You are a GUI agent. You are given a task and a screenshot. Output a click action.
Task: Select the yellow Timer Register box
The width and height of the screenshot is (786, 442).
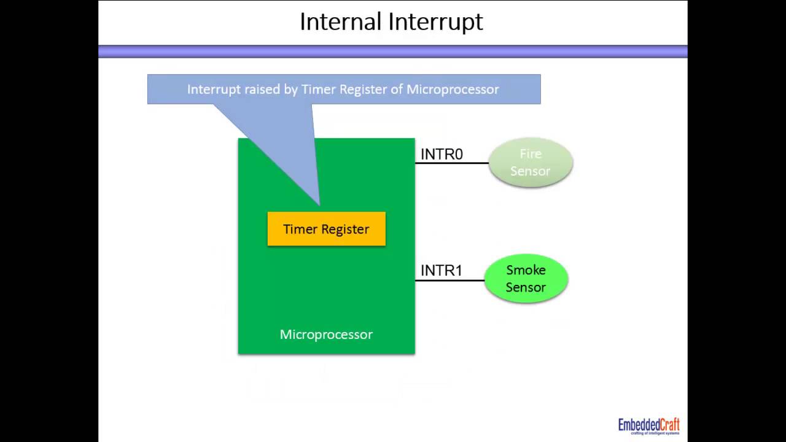pos(326,229)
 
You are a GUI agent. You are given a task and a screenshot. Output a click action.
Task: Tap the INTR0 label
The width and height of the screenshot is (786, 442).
pos(442,154)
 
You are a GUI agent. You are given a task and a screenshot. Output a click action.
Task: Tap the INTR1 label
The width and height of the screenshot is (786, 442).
pos(442,270)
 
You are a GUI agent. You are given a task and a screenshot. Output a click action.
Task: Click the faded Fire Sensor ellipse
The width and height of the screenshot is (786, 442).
pos(531,163)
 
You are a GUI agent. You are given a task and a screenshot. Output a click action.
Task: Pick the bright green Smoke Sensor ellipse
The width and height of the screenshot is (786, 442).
pos(526,279)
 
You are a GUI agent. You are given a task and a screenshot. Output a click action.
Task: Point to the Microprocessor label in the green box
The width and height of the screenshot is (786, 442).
pos(326,335)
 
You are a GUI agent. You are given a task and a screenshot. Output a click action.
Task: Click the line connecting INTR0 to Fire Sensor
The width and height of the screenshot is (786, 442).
pos(452,163)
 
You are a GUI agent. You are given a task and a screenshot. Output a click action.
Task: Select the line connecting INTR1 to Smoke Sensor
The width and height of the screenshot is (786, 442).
pos(450,281)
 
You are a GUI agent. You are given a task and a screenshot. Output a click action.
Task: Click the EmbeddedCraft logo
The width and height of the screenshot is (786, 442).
pos(648,425)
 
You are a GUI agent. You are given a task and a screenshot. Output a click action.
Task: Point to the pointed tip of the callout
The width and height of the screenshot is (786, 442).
pos(319,203)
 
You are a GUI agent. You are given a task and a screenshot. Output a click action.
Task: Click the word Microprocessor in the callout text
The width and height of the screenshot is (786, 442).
pos(453,90)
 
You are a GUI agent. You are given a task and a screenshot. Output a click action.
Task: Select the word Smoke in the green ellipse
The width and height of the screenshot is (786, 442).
pos(526,270)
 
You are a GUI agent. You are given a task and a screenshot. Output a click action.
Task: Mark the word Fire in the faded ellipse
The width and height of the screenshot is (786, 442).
pos(531,154)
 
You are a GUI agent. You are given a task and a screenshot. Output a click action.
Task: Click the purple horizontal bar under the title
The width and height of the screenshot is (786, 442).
pos(392,52)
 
